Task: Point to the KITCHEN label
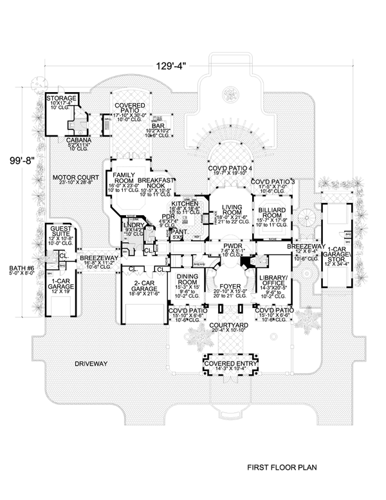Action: (x=184, y=203)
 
